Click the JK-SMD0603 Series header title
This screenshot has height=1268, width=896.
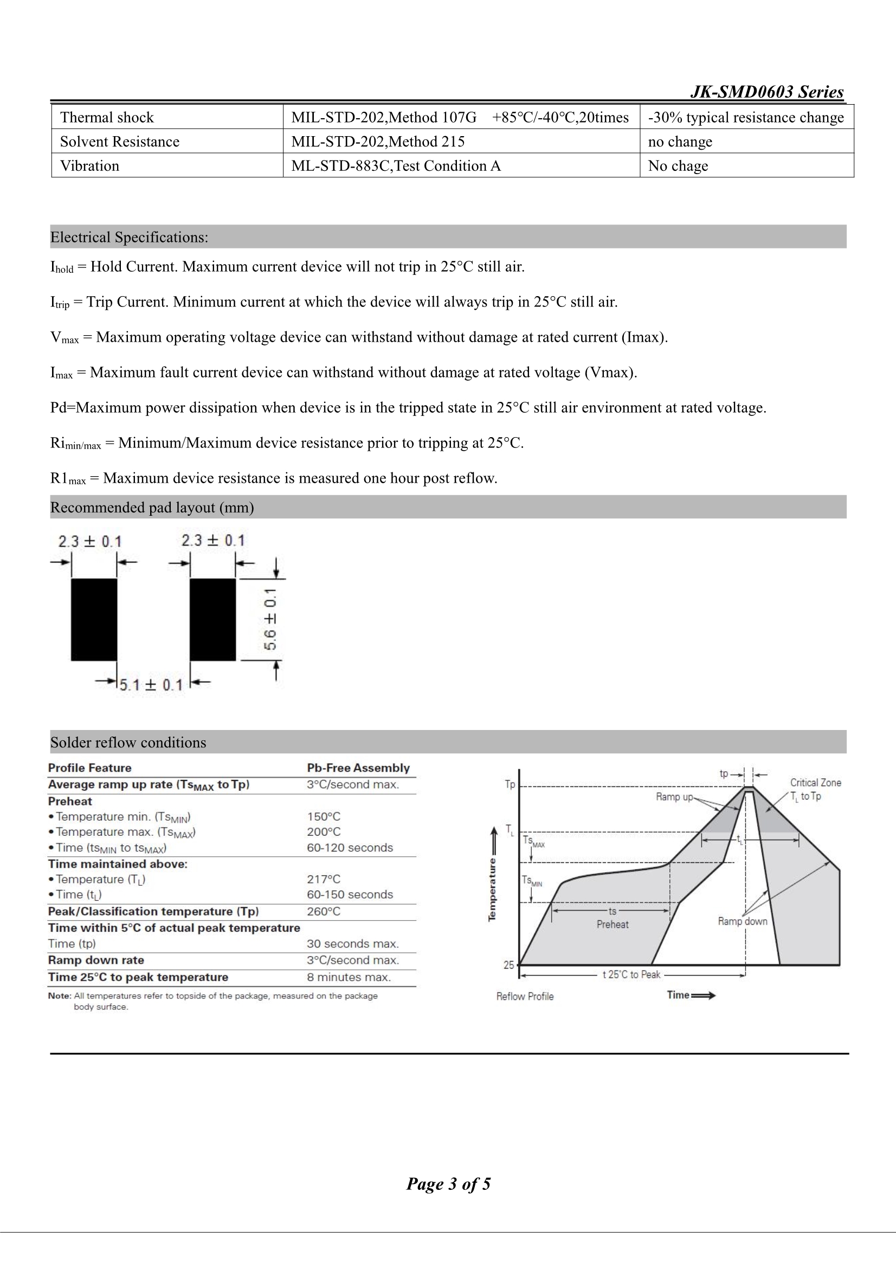[x=767, y=92]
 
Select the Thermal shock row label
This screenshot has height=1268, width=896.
[x=107, y=117]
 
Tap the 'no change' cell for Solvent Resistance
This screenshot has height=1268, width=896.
[x=680, y=142]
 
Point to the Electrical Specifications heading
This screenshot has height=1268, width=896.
[x=129, y=238]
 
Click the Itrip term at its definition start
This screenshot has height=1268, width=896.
[x=60, y=303]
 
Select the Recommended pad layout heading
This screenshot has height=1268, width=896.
[x=152, y=508]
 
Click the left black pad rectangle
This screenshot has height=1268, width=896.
[x=94, y=619]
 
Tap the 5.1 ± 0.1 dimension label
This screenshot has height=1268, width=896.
[x=151, y=686]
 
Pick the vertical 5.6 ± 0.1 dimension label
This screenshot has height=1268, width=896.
[x=270, y=619]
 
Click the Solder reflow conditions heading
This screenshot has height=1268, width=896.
[x=128, y=742]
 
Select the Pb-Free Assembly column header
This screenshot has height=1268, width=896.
[x=358, y=767]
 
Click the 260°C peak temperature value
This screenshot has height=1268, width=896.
[x=324, y=911]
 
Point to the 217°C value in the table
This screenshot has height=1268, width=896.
[x=324, y=879]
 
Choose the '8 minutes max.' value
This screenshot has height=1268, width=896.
[x=349, y=977]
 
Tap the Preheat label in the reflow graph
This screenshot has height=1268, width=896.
[x=612, y=925]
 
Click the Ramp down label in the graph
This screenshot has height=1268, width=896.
[x=743, y=921]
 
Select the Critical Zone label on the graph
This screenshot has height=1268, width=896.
[x=815, y=783]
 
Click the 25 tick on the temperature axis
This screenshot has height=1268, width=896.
[x=508, y=965]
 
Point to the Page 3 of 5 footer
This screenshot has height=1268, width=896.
[x=448, y=1184]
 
